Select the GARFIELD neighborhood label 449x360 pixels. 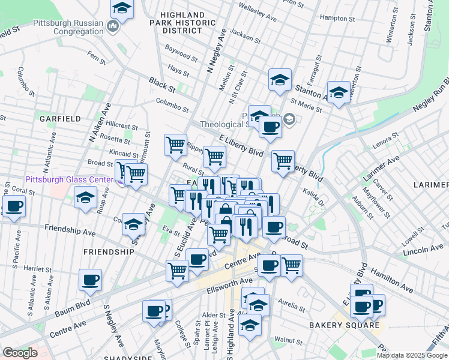point(60,119)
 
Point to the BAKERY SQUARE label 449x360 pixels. point(337,325)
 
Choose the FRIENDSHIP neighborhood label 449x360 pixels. point(109,252)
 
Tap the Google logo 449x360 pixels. point(20,353)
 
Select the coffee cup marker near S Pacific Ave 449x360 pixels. point(14,206)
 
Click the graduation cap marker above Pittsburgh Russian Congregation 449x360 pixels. point(122,8)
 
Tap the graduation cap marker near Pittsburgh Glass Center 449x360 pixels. point(86,197)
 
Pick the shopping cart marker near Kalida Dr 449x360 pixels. point(282,160)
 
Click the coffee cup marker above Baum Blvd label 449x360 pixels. point(90,280)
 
